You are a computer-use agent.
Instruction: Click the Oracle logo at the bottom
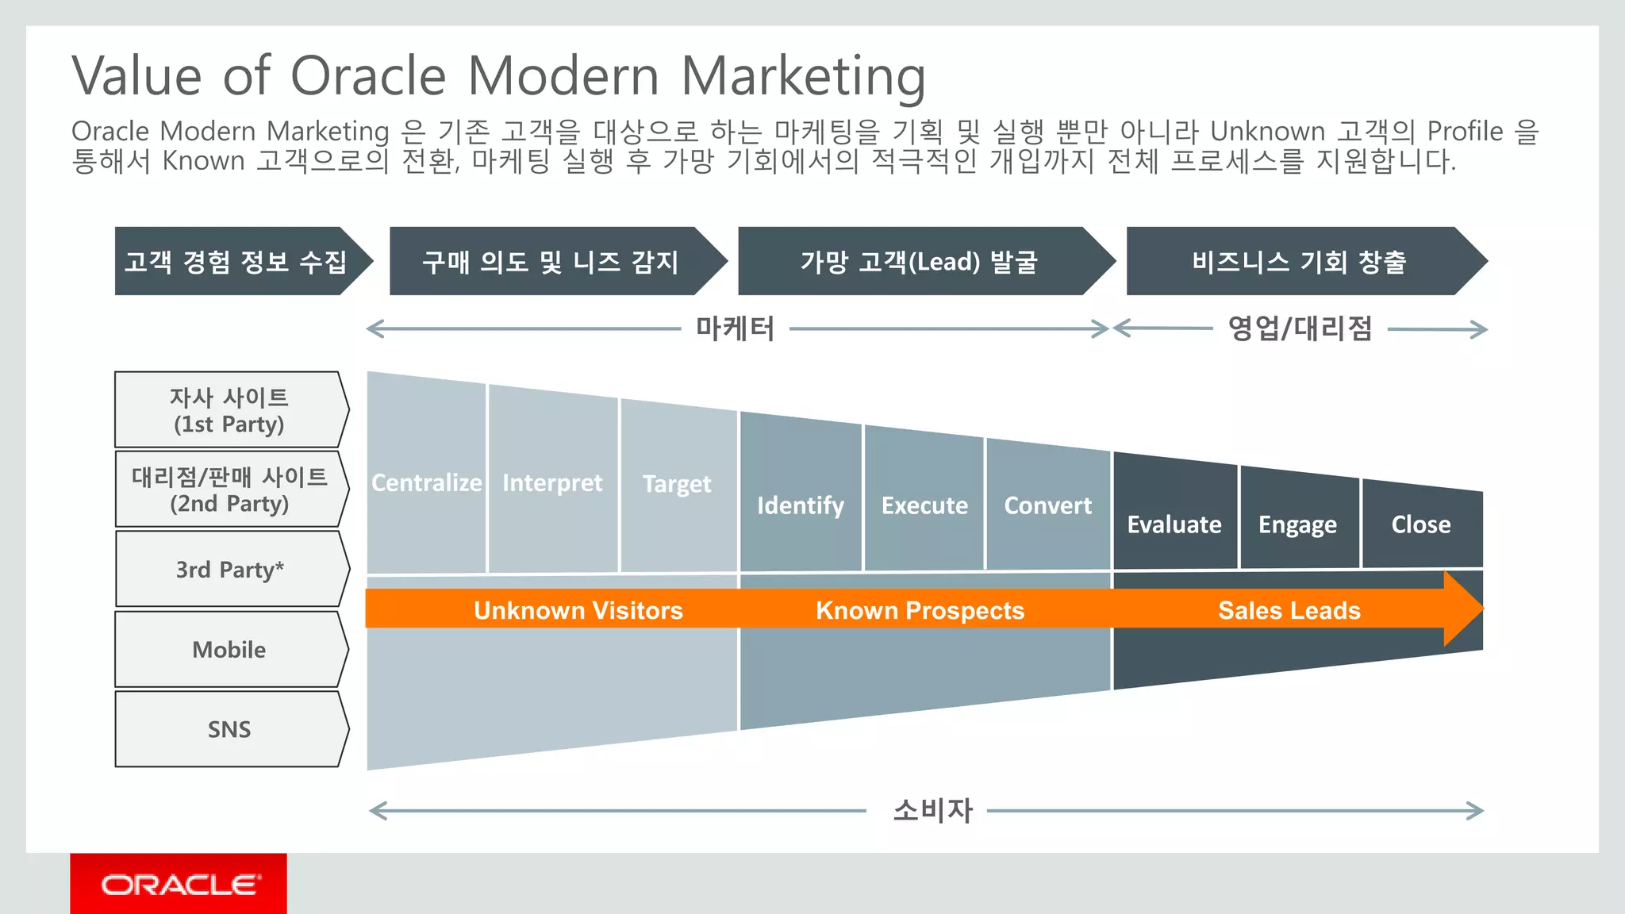tap(179, 884)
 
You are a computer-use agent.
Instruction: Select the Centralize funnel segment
tap(427, 482)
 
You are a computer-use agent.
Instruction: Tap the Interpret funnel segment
tap(552, 482)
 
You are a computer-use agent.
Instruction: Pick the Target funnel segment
tap(677, 484)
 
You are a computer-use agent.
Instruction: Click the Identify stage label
tap(800, 505)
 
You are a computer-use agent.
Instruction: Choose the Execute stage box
tap(924, 505)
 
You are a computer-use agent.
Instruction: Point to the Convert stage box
tap(1047, 505)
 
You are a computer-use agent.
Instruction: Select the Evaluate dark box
tap(1174, 524)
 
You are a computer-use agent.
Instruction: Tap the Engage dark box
tap(1298, 524)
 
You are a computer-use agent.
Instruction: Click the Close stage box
tap(1420, 524)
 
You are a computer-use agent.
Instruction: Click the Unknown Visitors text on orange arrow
tap(578, 610)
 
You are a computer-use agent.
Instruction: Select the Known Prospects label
tap(920, 610)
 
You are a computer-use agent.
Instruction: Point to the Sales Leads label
tap(1289, 610)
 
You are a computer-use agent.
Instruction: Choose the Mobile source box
tap(229, 649)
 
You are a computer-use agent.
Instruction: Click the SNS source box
tap(229, 729)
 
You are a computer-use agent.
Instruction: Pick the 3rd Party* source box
tap(229, 570)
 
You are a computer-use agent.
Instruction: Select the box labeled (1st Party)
tap(229, 410)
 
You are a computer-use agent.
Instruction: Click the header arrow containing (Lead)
tap(918, 262)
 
